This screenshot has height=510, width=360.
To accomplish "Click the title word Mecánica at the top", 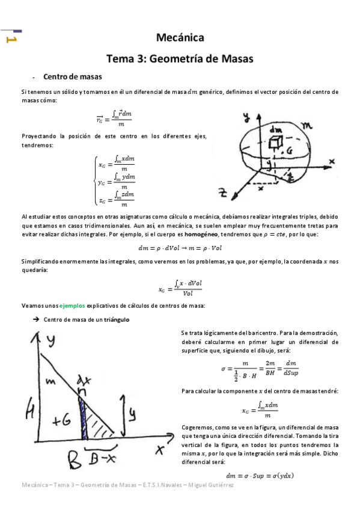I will (180, 38).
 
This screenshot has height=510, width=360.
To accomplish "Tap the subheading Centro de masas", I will (72, 77).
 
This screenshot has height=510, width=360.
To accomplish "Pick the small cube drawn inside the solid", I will (276, 141).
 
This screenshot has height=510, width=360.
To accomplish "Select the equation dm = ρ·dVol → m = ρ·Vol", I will (180, 247).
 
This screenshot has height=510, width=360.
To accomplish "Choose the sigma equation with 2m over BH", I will (258, 369).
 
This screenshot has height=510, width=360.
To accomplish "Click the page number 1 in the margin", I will (10, 40).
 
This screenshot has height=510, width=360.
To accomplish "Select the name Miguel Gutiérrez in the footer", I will (213, 485).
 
